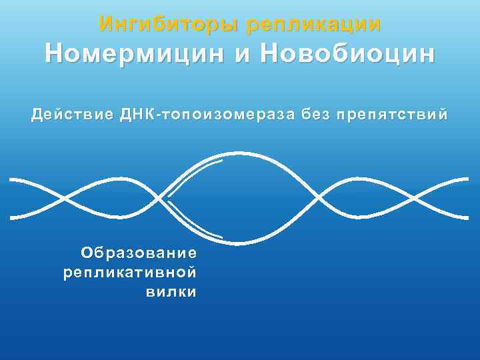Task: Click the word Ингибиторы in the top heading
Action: (169, 25)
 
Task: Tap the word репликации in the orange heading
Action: (313, 25)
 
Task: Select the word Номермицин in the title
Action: (135, 53)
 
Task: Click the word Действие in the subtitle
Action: (73, 114)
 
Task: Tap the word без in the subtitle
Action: (315, 114)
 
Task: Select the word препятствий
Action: (393, 114)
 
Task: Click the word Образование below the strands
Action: (139, 253)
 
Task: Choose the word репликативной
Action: (130, 273)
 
